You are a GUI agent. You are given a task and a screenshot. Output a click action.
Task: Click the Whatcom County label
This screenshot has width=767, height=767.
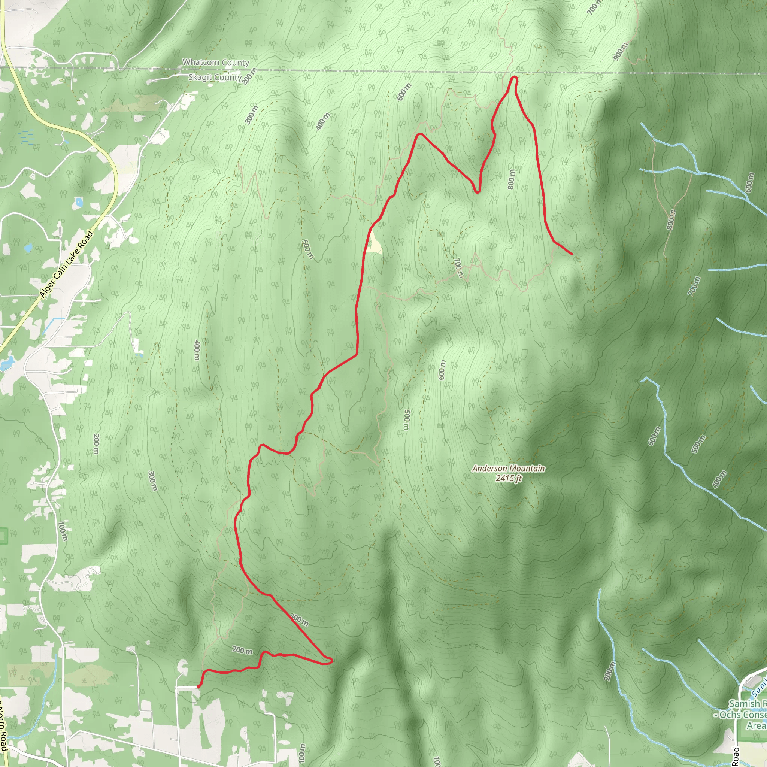(216, 62)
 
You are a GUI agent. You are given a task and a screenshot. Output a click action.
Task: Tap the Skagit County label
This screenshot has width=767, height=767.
(215, 77)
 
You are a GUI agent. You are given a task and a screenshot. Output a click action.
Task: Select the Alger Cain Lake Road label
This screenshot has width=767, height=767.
(66, 264)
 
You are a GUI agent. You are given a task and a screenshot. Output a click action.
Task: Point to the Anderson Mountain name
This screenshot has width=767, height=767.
(508, 469)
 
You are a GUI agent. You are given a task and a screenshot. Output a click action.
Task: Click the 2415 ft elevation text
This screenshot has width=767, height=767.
(508, 478)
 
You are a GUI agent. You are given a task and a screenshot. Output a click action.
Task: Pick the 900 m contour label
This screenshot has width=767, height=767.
(620, 51)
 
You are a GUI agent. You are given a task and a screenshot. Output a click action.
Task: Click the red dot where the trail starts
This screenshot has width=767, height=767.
(198, 686)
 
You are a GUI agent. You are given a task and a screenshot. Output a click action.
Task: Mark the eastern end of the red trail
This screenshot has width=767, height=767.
(572, 254)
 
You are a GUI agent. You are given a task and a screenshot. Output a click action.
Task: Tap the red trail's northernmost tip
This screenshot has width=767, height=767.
(514, 77)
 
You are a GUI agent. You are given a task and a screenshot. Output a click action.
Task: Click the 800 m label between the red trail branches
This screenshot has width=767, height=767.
(511, 179)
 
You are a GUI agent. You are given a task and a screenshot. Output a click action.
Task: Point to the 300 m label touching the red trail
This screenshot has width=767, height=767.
(299, 620)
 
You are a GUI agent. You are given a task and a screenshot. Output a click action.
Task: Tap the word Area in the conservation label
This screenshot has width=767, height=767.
(756, 725)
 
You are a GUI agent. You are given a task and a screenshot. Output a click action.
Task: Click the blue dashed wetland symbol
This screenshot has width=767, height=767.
(27, 136)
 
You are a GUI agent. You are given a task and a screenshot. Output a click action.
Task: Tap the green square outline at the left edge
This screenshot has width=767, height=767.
(3, 536)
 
